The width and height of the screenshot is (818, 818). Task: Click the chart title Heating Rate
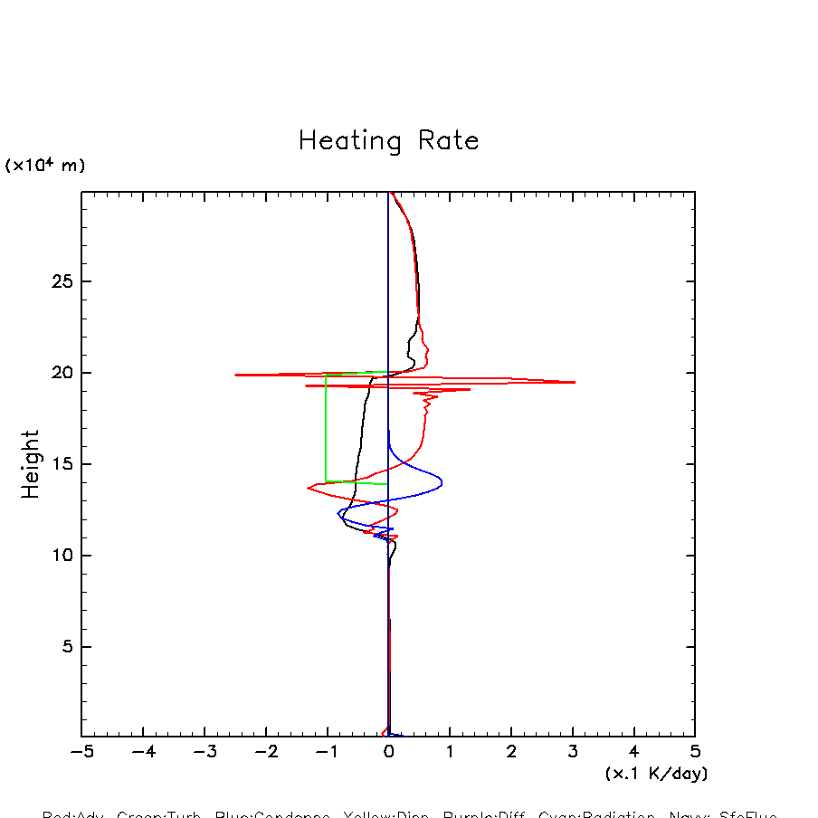point(388,141)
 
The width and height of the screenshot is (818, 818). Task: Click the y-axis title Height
point(31,464)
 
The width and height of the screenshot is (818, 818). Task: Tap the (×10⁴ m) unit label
point(45,166)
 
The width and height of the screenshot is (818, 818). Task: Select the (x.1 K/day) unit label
point(656,774)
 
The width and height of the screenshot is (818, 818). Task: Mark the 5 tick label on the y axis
point(65,647)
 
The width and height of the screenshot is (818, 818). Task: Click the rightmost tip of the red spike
point(575,382)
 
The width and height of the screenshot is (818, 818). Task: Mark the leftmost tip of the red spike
point(235,375)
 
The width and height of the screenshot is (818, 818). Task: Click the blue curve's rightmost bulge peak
point(442,482)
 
